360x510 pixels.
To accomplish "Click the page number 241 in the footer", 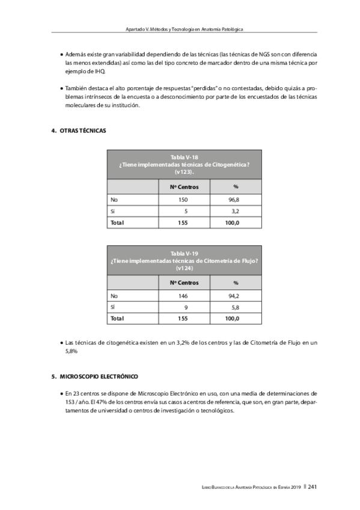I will click(x=313, y=487).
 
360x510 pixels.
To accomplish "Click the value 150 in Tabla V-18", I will click(x=183, y=199).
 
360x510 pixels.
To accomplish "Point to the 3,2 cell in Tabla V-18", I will click(x=235, y=211).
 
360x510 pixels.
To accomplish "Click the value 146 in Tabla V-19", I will click(x=183, y=295).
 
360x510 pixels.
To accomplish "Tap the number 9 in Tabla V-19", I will click(x=186, y=307).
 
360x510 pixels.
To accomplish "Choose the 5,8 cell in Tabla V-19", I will click(x=235, y=307).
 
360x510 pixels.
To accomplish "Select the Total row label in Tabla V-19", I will click(x=116, y=318).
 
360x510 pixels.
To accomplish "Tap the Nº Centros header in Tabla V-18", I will click(x=183, y=186).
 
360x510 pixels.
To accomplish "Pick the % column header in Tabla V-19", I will click(x=236, y=283).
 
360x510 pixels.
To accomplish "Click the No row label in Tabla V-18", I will click(x=114, y=199).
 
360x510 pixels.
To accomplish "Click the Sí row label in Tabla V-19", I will click(x=113, y=307).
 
